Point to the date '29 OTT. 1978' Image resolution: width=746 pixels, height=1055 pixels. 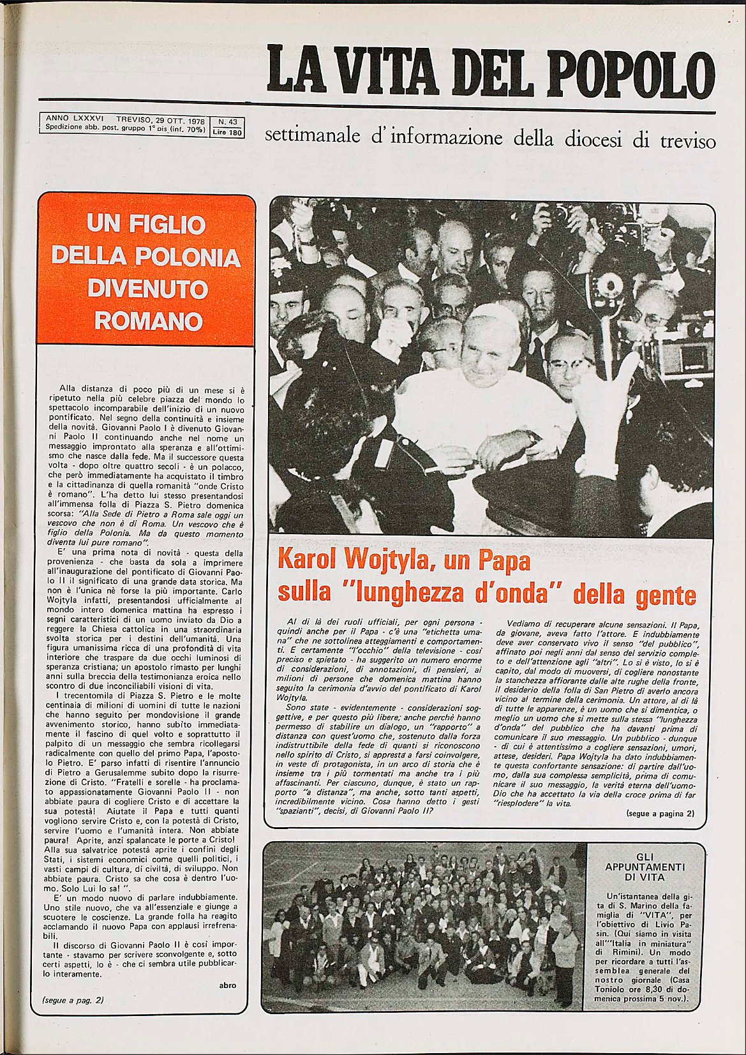(177, 119)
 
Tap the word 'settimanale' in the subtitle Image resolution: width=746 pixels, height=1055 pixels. (308, 137)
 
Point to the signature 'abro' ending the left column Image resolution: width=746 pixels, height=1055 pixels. (227, 985)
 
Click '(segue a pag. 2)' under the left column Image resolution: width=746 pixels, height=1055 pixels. (73, 1000)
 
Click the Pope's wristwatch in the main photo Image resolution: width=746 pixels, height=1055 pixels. (532, 438)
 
